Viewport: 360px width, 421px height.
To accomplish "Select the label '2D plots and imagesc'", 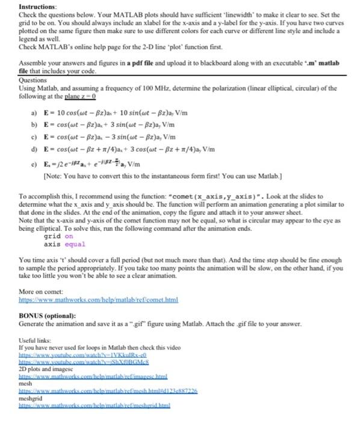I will pos(44,370).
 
